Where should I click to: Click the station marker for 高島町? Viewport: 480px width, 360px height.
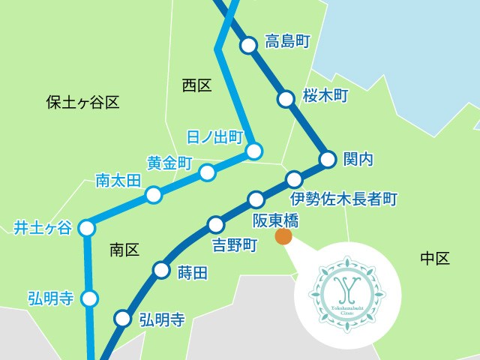click(248, 46)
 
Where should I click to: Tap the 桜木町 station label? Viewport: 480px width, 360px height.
click(326, 95)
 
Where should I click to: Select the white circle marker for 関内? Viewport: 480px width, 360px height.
click(328, 159)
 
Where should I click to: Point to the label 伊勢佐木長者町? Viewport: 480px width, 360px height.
click(343, 199)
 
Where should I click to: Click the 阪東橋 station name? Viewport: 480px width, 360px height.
click(275, 220)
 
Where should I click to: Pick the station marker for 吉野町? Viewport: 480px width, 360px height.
click(216, 224)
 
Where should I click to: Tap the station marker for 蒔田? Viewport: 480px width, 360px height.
click(161, 270)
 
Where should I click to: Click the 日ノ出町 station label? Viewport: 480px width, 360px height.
click(216, 136)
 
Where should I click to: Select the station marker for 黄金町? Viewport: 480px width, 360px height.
click(207, 173)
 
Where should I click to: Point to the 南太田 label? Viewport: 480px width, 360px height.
click(118, 180)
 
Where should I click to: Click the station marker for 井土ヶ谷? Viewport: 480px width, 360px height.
click(87, 226)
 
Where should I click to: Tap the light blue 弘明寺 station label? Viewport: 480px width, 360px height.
click(50, 298)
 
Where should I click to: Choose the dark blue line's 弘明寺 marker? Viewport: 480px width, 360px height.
click(121, 319)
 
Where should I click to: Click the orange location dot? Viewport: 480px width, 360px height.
click(283, 237)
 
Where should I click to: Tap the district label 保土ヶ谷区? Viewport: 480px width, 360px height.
click(82, 102)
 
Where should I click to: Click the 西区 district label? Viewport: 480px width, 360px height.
click(196, 85)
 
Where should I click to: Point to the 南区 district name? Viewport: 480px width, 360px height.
click(124, 250)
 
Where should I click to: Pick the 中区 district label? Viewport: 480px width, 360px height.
click(434, 259)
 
